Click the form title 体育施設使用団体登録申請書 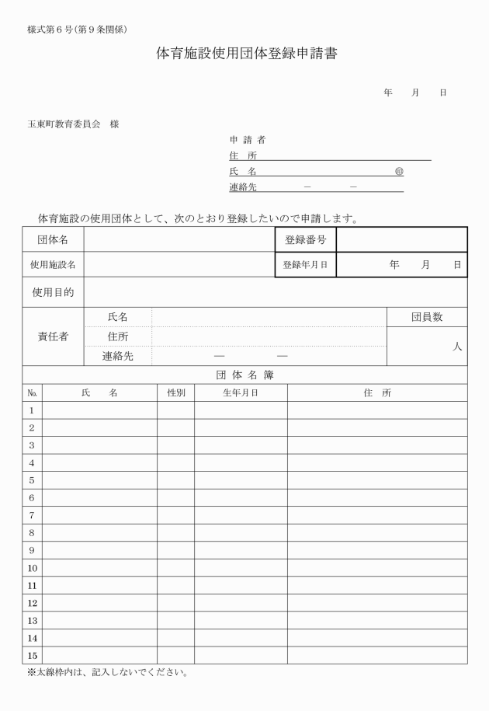tap(247, 55)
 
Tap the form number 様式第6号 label tap(77, 30)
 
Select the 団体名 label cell tap(53, 240)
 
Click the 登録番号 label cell tap(305, 240)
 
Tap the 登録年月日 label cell tap(305, 265)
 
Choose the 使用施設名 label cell tap(53, 265)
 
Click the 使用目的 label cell tap(53, 292)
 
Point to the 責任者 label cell tap(53, 336)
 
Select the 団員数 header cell tap(427, 317)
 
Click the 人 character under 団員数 tap(458, 347)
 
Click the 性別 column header tap(176, 393)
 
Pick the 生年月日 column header tap(241, 393)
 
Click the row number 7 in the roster tap(32, 515)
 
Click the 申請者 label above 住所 tap(247, 140)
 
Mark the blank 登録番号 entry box tap(401, 240)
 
